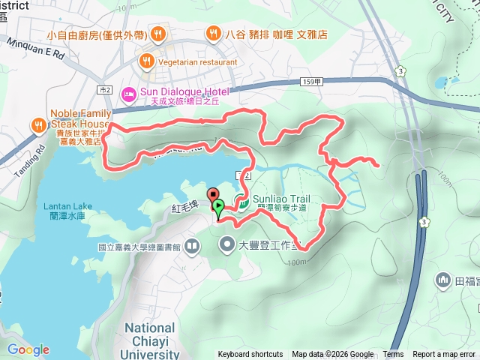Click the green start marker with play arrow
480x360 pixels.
point(218,205)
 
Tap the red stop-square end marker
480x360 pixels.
point(211,194)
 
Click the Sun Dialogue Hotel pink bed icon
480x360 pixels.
point(128,92)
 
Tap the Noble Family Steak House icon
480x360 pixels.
point(37,124)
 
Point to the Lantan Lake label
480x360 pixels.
point(67,205)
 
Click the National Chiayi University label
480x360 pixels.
point(150,340)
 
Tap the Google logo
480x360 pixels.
point(28,349)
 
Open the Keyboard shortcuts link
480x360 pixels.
point(250,355)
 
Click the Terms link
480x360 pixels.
point(393,355)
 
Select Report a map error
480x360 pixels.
point(444,355)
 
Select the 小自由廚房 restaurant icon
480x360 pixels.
point(157,34)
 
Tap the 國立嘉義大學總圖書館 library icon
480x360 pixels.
point(193,245)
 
